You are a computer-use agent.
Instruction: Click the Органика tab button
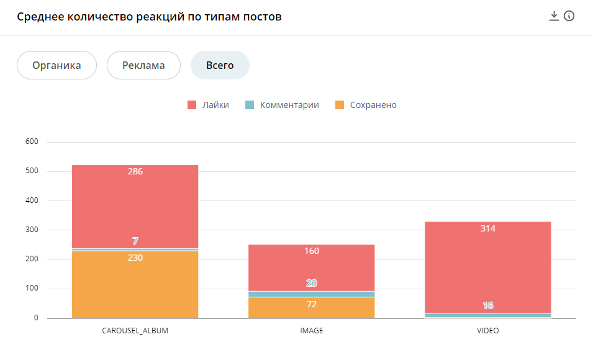57,65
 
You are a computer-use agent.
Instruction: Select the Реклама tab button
143,65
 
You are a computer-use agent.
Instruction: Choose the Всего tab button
220,65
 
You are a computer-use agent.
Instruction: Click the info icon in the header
569,16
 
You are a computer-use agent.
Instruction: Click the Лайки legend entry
209,105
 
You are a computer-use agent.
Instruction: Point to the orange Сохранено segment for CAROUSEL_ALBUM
135,286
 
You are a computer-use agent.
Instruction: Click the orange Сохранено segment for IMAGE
311,308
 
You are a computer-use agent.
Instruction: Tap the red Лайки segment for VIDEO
487,267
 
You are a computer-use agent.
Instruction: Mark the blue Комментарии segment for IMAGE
311,294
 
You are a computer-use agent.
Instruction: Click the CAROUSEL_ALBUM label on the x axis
135,331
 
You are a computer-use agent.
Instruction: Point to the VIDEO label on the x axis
487,331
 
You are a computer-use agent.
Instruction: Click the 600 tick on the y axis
31,142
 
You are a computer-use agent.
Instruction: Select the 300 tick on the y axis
31,230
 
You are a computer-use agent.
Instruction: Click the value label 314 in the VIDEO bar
487,228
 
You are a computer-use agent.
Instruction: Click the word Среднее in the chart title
40,17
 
